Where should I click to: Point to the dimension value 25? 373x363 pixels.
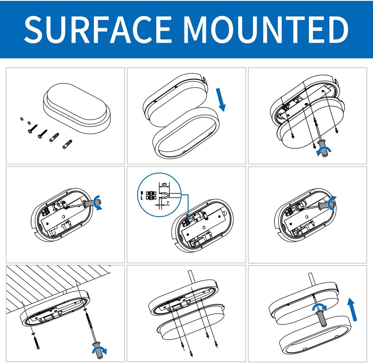coord(164,184)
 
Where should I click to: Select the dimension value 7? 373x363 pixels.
coord(168,202)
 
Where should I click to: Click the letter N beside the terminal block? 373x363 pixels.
coord(142,193)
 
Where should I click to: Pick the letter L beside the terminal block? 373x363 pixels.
coord(142,198)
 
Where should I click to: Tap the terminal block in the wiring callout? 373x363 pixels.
coord(151,195)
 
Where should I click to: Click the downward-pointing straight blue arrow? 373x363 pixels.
coord(221,100)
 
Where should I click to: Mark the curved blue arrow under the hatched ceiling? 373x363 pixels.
coord(100,350)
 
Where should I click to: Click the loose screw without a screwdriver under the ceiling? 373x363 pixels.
coord(37,343)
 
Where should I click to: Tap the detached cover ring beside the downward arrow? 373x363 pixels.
coord(186,133)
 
